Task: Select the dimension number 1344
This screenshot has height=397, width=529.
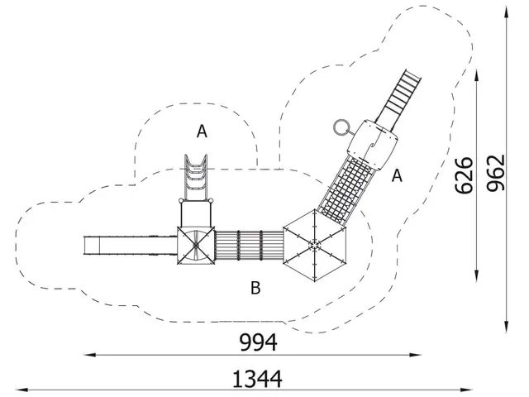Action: click(x=259, y=379)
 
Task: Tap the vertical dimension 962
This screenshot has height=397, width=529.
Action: click(x=496, y=173)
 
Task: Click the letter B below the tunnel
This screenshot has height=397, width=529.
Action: click(x=255, y=288)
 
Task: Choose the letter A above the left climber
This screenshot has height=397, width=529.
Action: click(x=202, y=131)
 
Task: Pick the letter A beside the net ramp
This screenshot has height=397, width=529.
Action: click(x=398, y=175)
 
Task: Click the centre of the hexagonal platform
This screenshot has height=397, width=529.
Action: click(x=315, y=243)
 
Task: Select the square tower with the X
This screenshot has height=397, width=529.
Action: click(x=196, y=246)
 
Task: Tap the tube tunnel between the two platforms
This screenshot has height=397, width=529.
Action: click(x=248, y=245)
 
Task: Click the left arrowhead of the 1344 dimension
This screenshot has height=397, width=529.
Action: click(x=21, y=390)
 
